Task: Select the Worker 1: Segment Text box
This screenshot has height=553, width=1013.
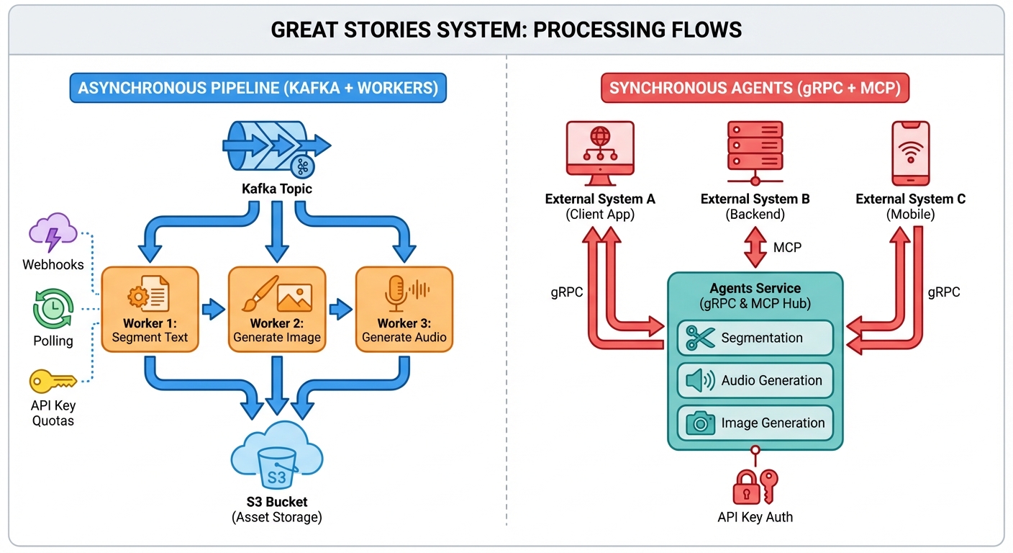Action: click(x=150, y=309)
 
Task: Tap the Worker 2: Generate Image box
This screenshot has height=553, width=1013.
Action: click(x=277, y=309)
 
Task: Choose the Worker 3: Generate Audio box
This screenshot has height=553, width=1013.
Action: click(x=404, y=309)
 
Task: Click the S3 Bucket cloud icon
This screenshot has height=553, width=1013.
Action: click(x=277, y=457)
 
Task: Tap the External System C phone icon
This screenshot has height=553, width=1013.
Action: click(x=910, y=154)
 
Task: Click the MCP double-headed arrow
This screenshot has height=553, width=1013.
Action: click(x=753, y=248)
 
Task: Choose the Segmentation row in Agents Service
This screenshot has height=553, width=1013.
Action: click(x=755, y=338)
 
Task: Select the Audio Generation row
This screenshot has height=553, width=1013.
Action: click(x=755, y=380)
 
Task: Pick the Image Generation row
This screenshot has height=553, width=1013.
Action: click(x=755, y=423)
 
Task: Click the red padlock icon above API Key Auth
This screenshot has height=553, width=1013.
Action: click(x=745, y=490)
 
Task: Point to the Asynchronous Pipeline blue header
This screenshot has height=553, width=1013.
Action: click(x=258, y=89)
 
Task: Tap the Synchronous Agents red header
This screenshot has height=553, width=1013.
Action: click(x=755, y=89)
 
